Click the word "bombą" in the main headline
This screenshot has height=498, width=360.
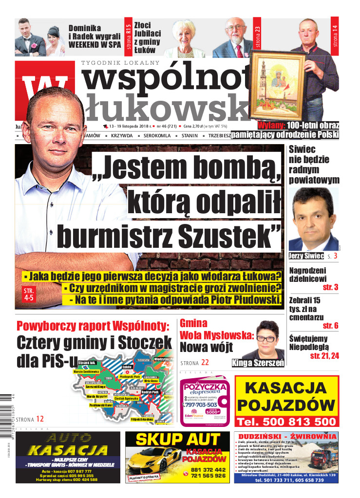[x=232, y=168]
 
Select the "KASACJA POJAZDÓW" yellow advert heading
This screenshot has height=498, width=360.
[x=286, y=397]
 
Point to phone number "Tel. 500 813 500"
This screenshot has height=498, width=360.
[x=286, y=421]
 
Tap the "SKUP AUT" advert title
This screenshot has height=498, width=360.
[x=177, y=440]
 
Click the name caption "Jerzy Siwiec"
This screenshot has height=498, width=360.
[x=306, y=256]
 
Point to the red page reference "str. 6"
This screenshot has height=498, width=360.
[x=330, y=325]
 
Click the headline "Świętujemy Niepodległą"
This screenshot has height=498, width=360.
[x=314, y=344]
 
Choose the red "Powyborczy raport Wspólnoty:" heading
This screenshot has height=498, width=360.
[x=93, y=326]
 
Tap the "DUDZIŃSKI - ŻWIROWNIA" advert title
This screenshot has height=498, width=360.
[x=285, y=436]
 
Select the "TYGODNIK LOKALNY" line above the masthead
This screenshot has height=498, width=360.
[x=120, y=63]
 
